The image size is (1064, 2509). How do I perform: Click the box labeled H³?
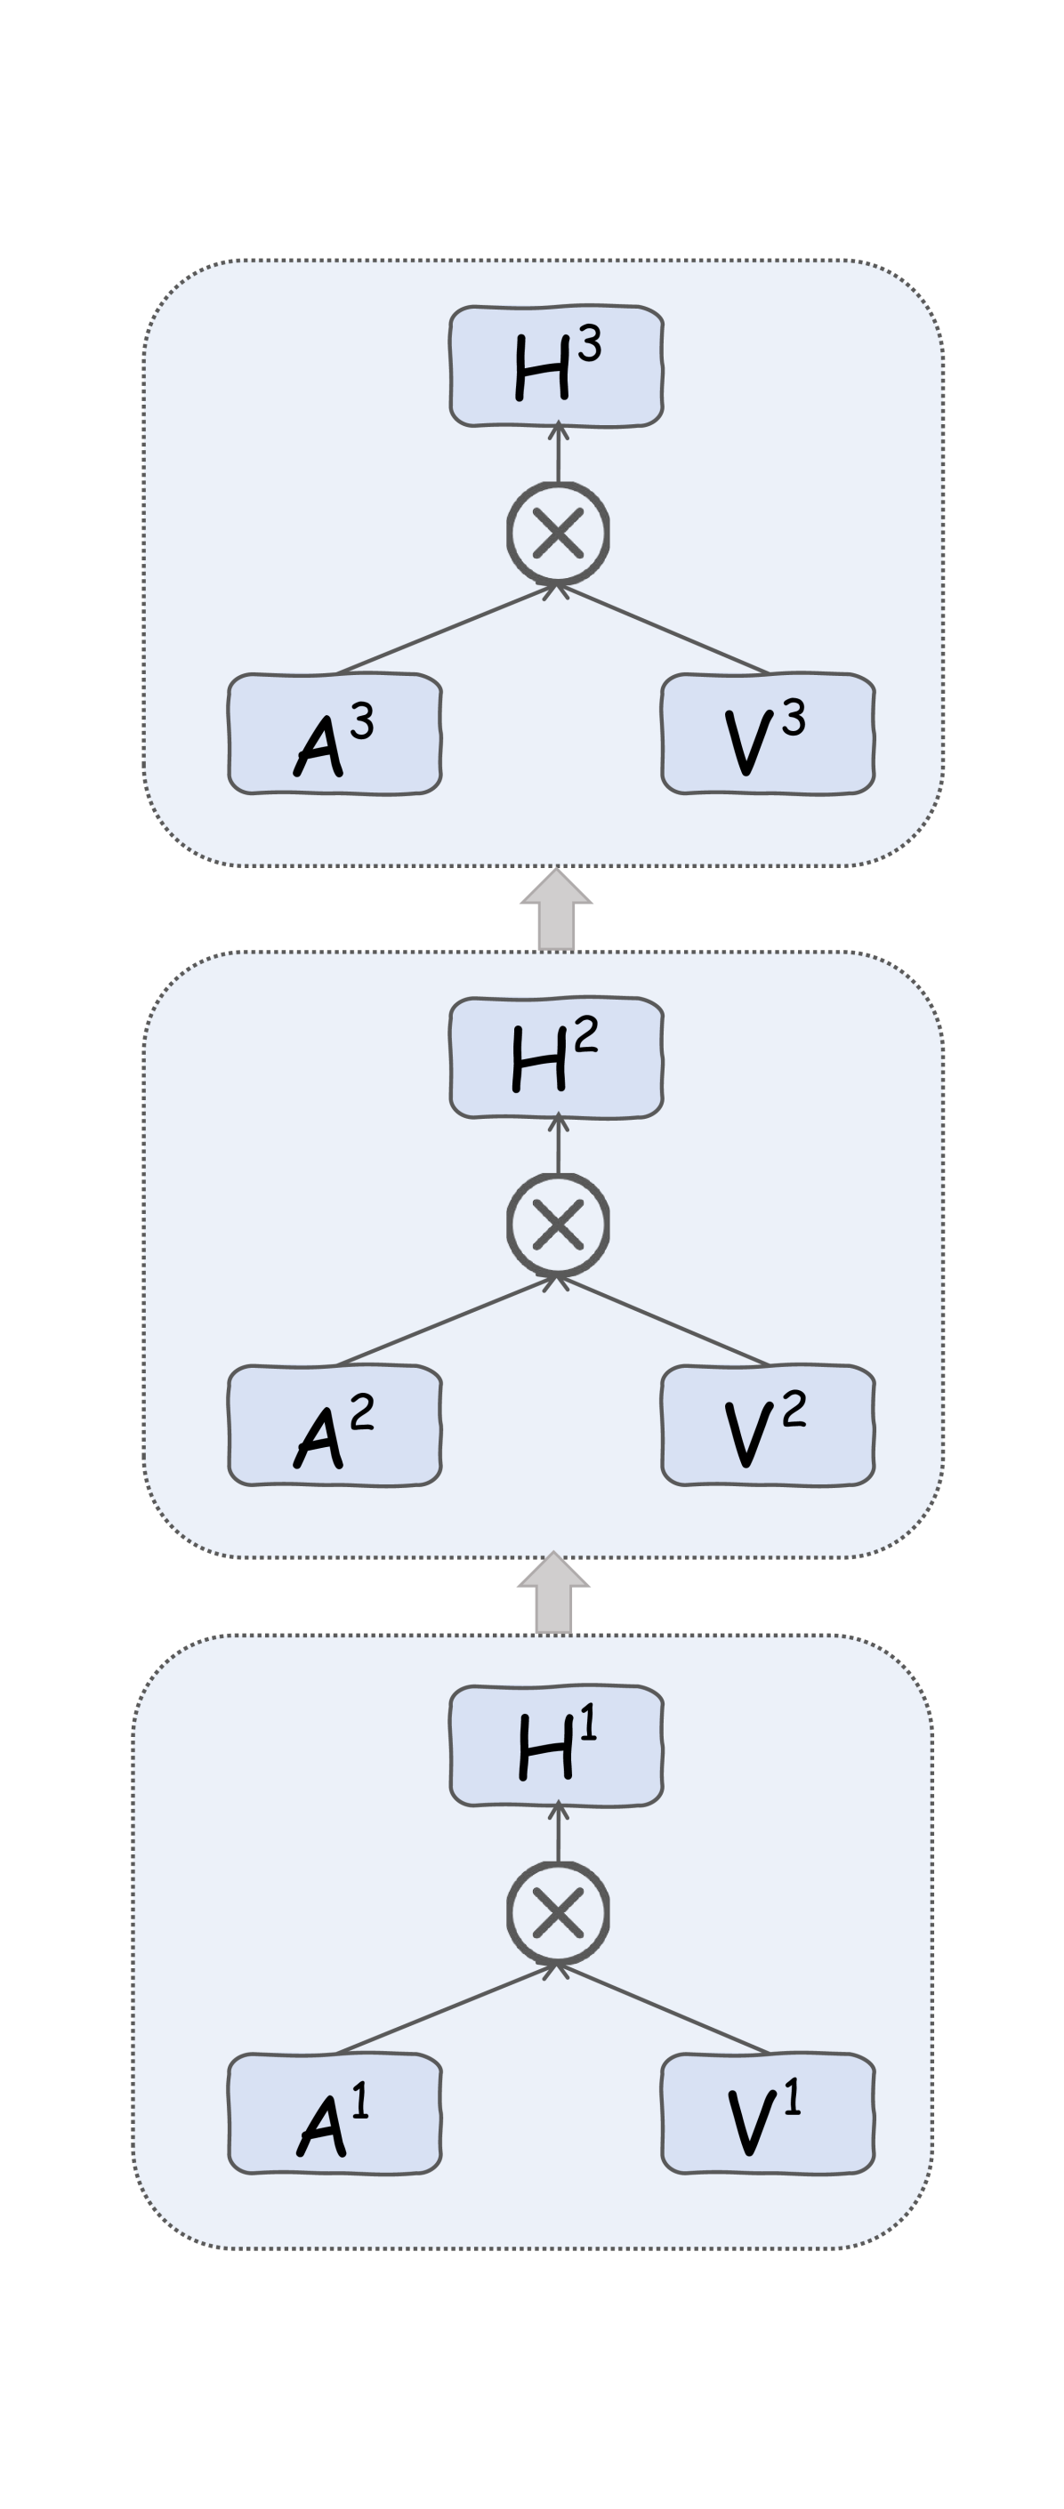click(x=556, y=366)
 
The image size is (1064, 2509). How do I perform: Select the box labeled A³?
click(x=335, y=734)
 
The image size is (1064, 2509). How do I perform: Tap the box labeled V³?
click(x=768, y=734)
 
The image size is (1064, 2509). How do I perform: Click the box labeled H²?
click(x=556, y=1057)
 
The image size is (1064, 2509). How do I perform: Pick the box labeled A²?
click(x=335, y=1425)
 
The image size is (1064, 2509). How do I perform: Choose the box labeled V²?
click(x=768, y=1425)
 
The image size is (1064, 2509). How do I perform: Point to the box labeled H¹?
click(x=556, y=1745)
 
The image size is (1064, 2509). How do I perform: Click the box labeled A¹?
click(x=335, y=2113)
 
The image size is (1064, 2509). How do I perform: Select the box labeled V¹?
click(x=768, y=2113)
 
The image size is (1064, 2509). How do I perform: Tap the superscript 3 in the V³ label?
click(x=794, y=719)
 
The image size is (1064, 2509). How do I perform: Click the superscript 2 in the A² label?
click(x=361, y=1411)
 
